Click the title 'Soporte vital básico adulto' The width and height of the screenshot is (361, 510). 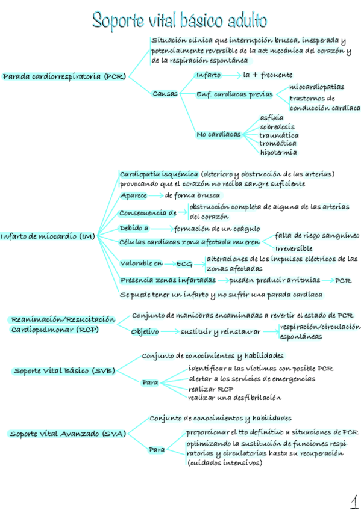point(180,20)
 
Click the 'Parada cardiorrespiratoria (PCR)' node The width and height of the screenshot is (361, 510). point(64,77)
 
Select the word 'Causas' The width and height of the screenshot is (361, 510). point(165,94)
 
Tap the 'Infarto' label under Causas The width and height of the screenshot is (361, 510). point(209,75)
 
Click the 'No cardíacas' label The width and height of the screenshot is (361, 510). point(218,134)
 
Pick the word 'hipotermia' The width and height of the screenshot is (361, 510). point(278,152)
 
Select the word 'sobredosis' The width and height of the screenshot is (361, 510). point(277,127)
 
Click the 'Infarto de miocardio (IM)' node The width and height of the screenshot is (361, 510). point(48,236)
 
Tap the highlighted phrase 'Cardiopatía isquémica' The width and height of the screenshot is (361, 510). point(159,174)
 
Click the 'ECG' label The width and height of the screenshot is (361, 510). point(184,263)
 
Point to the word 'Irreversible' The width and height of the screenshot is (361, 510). point(294,248)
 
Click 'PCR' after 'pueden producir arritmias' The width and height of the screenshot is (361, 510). point(344,280)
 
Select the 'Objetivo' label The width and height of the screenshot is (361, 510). point(145,331)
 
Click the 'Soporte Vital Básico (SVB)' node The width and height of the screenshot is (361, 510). point(64,370)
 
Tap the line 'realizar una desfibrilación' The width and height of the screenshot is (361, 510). point(234,398)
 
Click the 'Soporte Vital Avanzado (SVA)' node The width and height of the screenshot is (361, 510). point(67,434)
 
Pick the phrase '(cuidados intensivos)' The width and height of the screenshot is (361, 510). point(224,463)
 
